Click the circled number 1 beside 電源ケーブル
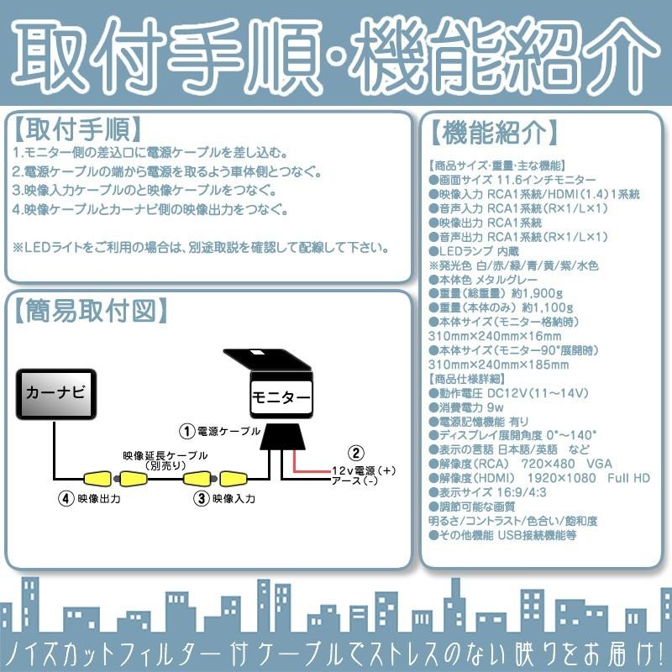(x=188, y=432)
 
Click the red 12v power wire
(x=296, y=465)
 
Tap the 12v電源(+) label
(x=362, y=470)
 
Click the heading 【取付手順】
(x=76, y=130)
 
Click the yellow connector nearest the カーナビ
(x=95, y=480)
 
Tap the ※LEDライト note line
(x=202, y=247)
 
